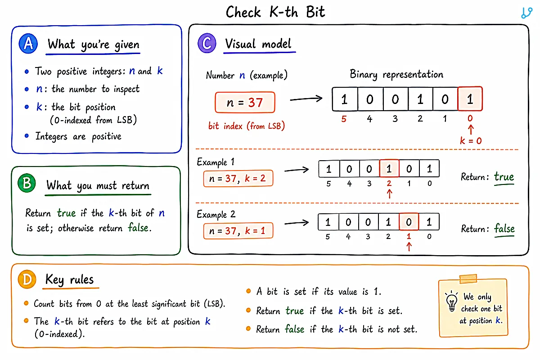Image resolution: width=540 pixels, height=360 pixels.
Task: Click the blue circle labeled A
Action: [28, 44]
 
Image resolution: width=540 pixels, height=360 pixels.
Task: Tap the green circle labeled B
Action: [27, 183]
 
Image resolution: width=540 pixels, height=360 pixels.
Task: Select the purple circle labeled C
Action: [207, 43]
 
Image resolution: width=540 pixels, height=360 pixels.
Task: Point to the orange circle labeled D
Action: [27, 279]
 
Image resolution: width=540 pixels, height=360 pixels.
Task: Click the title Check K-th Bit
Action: [275, 12]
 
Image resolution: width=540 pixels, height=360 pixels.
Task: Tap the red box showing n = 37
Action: [245, 102]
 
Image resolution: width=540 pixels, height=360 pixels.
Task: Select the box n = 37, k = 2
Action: [238, 179]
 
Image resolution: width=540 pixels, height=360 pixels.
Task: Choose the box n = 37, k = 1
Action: [238, 231]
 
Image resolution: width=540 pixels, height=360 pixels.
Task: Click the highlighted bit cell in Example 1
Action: [389, 169]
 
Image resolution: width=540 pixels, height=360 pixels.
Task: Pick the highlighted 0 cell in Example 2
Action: [409, 222]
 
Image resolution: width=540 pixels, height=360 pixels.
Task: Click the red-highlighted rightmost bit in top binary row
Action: [470, 99]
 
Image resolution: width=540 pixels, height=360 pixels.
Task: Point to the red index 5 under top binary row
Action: [344, 119]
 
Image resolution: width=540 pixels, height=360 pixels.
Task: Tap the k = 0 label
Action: [471, 140]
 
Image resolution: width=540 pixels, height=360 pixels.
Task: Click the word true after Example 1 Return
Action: [504, 177]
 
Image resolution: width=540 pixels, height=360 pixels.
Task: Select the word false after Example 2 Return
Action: [504, 228]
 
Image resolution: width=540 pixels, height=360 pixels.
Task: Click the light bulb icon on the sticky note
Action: [452, 301]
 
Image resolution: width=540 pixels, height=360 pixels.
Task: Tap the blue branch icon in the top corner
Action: [526, 13]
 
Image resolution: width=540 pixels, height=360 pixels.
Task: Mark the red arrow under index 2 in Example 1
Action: [389, 194]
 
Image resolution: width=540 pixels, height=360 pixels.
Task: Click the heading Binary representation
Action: [396, 74]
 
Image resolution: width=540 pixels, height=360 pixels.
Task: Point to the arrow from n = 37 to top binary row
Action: [306, 99]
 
